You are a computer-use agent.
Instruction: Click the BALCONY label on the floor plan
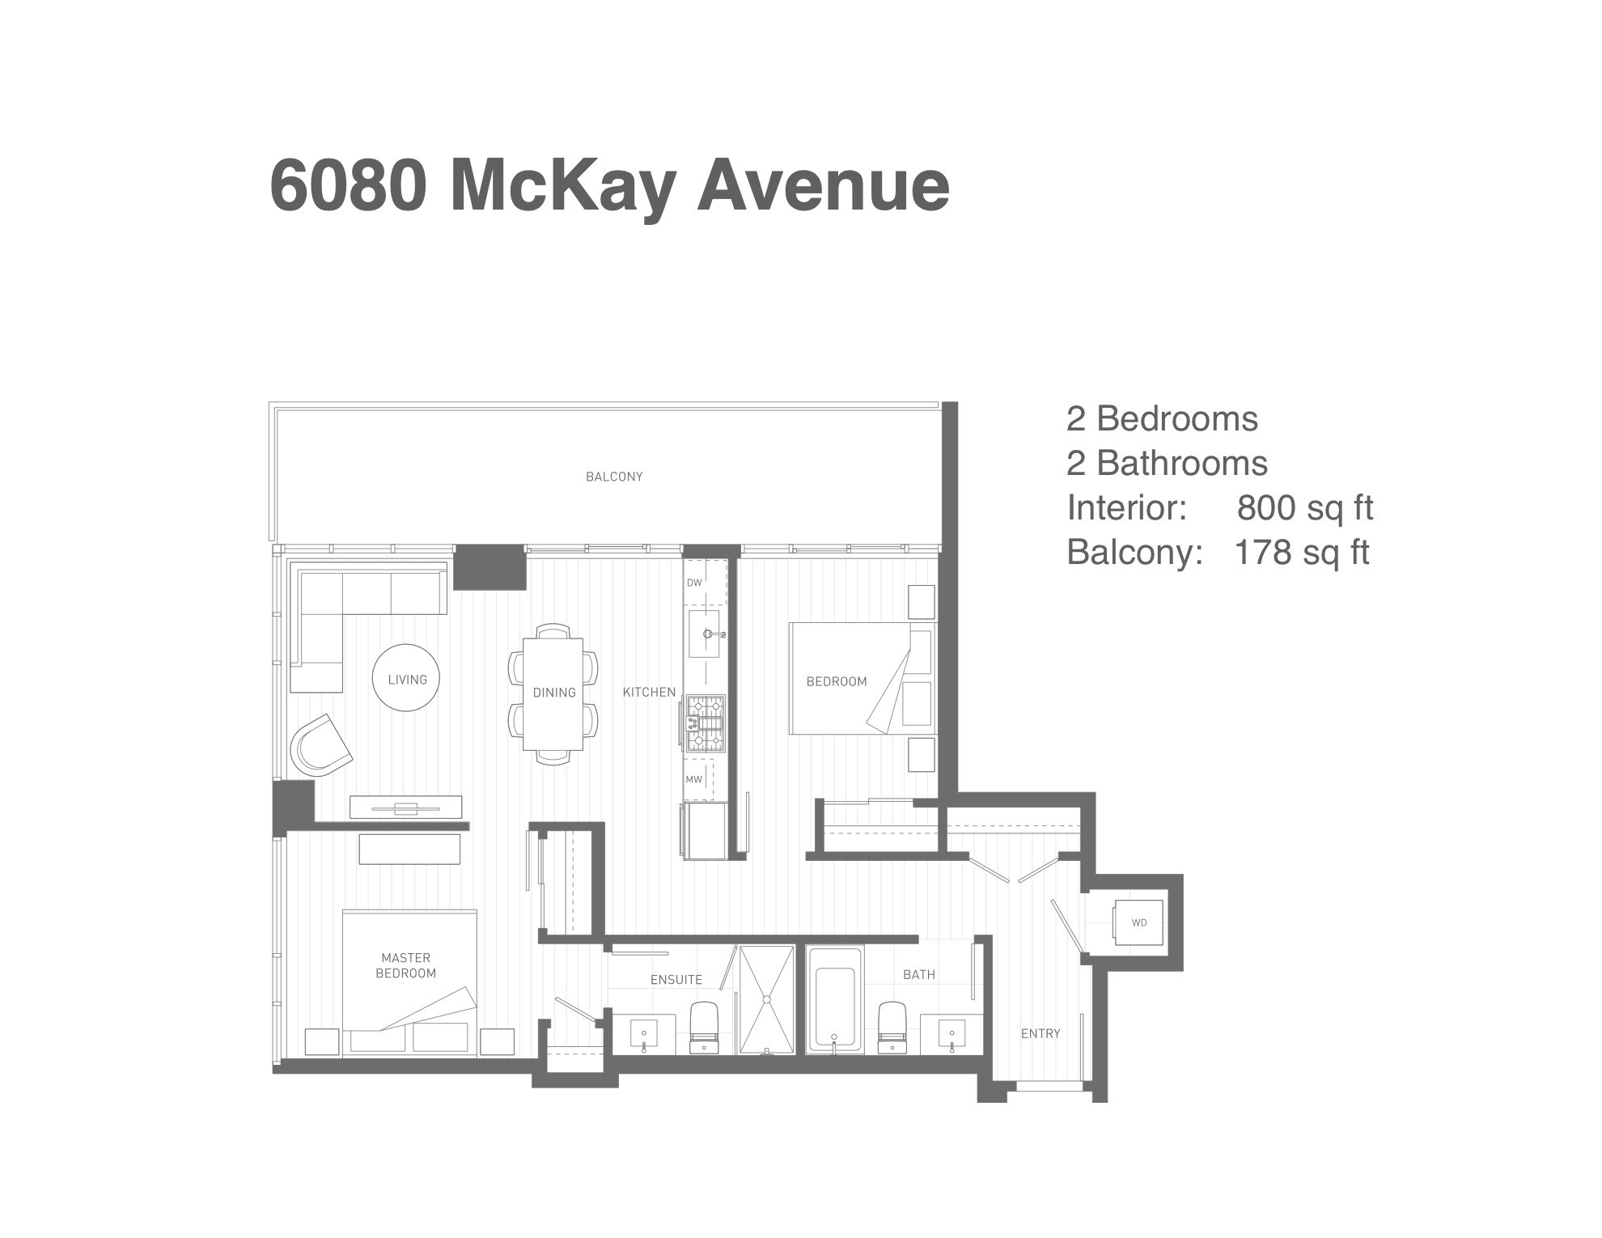[x=614, y=477]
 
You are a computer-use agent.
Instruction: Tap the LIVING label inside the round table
[x=407, y=680]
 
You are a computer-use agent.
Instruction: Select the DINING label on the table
[x=554, y=693]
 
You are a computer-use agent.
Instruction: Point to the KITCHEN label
[x=649, y=692]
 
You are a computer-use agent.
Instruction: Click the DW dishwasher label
[x=694, y=583]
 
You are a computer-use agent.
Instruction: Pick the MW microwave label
[x=694, y=780]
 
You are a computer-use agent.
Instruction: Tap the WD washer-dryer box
[x=1139, y=922]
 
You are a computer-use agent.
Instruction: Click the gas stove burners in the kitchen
[x=705, y=724]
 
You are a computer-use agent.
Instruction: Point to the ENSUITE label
[x=676, y=980]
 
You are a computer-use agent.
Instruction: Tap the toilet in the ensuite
[x=704, y=1028]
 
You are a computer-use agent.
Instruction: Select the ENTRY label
[x=1040, y=1033]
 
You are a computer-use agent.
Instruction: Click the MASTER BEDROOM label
[x=406, y=966]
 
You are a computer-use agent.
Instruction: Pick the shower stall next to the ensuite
[x=767, y=1000]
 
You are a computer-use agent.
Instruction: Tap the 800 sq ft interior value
[x=1305, y=508]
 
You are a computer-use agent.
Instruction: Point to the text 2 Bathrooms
[x=1167, y=464]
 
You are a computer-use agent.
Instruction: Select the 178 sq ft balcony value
[x=1302, y=553]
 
